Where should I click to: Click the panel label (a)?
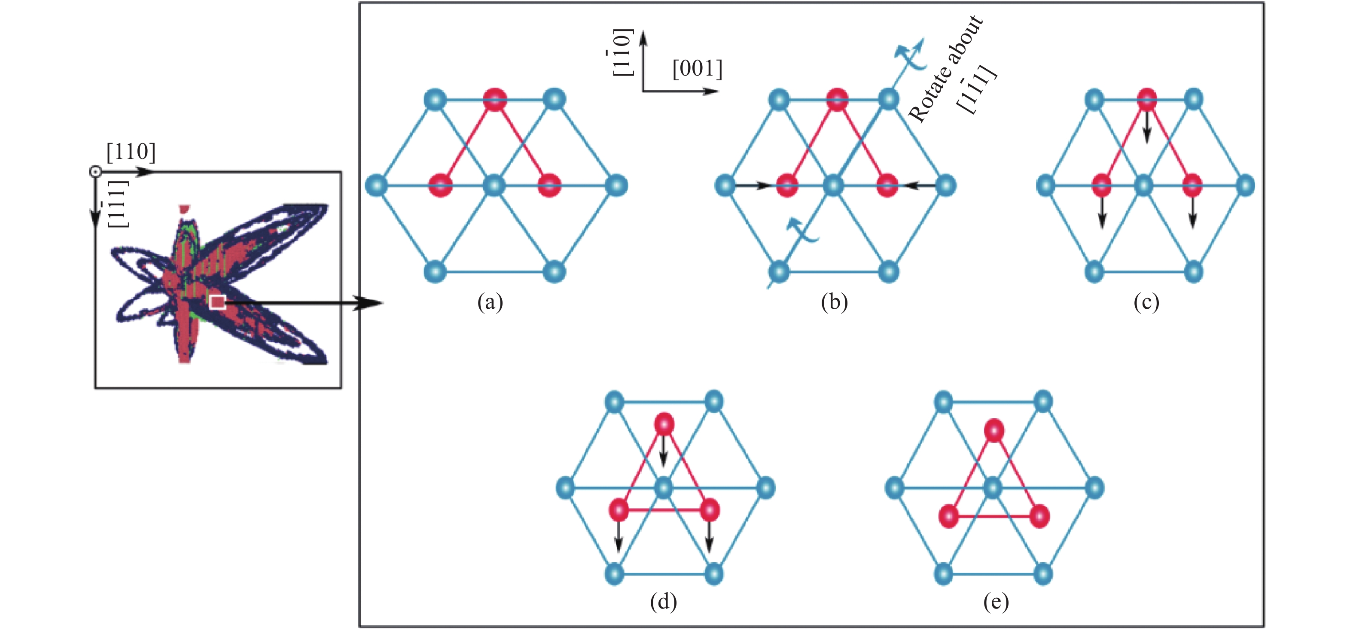[490, 302]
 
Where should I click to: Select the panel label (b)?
[834, 302]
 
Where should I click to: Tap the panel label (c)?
[1146, 302]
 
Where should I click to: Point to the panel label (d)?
[663, 602]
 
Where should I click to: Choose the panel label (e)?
[996, 602]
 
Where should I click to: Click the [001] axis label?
[698, 69]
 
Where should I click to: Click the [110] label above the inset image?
[131, 152]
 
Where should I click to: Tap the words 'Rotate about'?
[945, 68]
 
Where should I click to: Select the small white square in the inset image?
[217, 302]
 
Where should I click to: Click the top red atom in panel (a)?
[495, 99]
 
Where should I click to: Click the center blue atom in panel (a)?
[494, 186]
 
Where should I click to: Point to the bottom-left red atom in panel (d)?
[619, 509]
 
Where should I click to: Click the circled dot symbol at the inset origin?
[95, 172]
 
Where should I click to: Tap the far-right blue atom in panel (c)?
[1245, 186]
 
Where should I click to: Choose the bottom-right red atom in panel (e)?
[1039, 517]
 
